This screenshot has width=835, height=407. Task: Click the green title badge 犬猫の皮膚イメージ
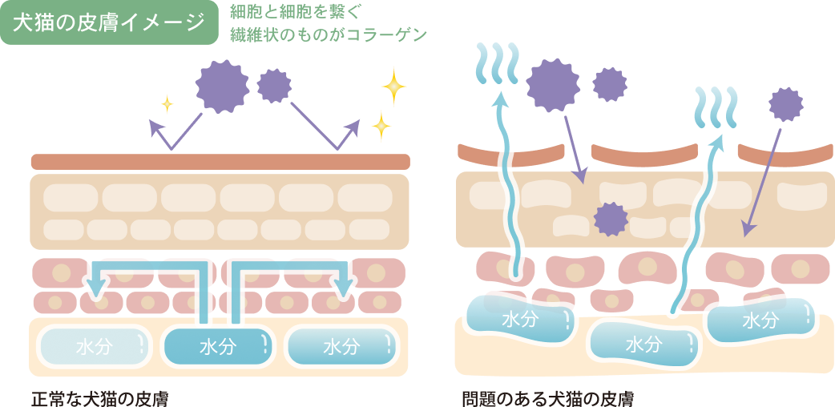(x=110, y=22)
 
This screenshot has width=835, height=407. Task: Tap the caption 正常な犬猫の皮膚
(x=99, y=398)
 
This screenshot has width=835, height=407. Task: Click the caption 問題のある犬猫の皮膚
(x=548, y=398)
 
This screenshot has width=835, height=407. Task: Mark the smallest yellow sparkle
(x=167, y=103)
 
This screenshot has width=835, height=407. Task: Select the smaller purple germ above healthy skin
(x=274, y=86)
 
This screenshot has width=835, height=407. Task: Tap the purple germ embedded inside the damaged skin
(x=611, y=219)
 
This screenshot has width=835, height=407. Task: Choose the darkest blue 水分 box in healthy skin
(x=217, y=346)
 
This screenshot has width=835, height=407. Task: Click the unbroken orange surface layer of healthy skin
(x=220, y=162)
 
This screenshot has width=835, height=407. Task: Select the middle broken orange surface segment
(x=643, y=155)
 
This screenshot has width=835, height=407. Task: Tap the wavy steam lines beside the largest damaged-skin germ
(x=496, y=63)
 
